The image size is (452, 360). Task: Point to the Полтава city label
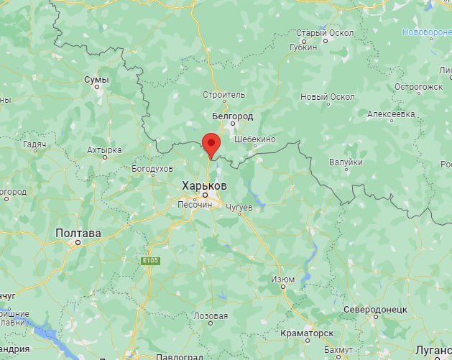tap(78, 233)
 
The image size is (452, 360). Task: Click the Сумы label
tap(96, 80)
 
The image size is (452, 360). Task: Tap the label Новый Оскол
tap(328, 97)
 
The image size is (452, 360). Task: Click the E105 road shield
tap(149, 260)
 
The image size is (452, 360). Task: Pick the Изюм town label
tap(284, 279)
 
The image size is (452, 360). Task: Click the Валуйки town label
tap(346, 162)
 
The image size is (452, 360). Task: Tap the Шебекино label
tap(255, 139)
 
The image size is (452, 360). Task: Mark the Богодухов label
tap(152, 168)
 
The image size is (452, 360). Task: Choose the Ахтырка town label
tap(104, 150)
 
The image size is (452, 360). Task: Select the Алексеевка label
tap(391, 114)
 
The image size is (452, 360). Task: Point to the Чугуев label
tap(239, 207)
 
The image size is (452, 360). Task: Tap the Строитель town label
tap(224, 94)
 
